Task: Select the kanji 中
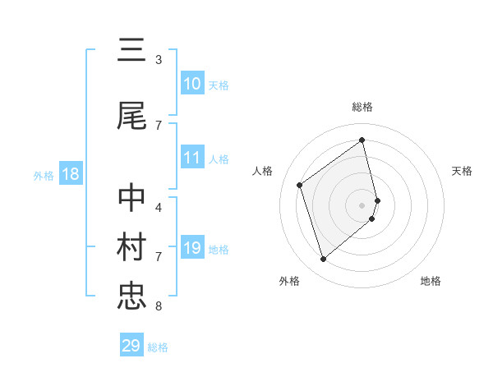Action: [131, 199]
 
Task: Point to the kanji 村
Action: [131, 247]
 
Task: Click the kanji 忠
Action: [131, 296]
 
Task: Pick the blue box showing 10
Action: [192, 84]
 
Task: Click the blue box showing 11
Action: [192, 159]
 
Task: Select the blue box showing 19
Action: [192, 249]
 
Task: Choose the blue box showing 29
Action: [131, 346]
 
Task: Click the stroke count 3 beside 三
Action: [158, 60]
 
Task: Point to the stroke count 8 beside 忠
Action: [158, 306]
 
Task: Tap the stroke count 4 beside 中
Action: [158, 208]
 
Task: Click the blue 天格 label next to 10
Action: [219, 85]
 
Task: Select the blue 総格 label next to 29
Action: [159, 347]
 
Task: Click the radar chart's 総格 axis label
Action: [362, 107]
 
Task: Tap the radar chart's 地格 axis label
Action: [431, 281]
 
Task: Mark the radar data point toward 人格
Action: [300, 185]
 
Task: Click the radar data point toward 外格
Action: [323, 260]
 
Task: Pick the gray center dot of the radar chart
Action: [362, 204]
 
